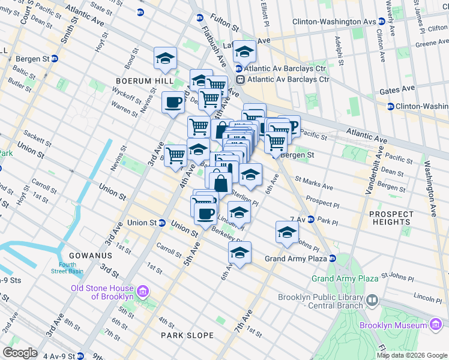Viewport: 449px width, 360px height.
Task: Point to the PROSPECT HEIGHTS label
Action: [391, 218]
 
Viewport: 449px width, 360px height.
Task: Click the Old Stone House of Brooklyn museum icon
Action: [142, 292]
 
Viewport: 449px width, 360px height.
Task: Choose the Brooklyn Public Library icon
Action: [372, 299]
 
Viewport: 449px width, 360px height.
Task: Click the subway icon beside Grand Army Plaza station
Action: [332, 259]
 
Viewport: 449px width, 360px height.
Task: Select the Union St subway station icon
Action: [162, 223]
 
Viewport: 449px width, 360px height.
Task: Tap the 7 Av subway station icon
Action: [311, 220]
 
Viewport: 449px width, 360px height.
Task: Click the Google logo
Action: [20, 353]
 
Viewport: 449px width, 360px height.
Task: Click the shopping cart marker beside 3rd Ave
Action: [175, 155]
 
